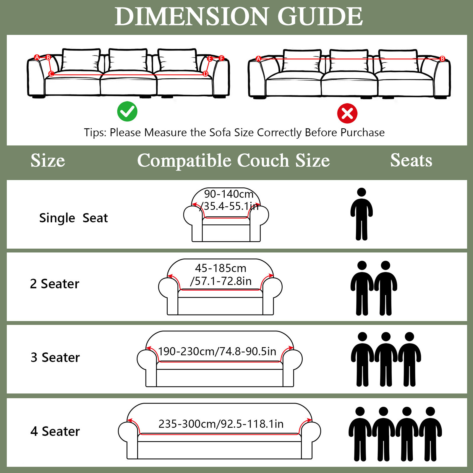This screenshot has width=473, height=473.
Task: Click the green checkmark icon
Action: [x=127, y=111]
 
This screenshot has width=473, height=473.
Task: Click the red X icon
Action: [x=347, y=113]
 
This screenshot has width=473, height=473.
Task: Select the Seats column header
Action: [x=411, y=160]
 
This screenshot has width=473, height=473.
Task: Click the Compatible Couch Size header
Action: [x=233, y=161]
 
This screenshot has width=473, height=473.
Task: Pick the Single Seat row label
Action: [x=73, y=218]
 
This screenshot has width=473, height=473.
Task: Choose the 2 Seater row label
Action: [x=55, y=284]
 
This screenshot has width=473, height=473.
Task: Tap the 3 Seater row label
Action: [x=55, y=357]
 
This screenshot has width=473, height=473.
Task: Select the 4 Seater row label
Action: [x=55, y=431]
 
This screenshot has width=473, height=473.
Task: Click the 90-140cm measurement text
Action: [x=229, y=194]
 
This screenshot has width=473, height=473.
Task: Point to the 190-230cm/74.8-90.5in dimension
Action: [x=217, y=351]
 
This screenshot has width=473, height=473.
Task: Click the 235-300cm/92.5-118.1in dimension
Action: [x=221, y=424]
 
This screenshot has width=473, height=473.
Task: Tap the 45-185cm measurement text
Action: [x=221, y=268]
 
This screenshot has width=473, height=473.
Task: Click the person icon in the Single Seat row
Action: [x=361, y=214]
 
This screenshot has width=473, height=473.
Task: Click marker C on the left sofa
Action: [x=51, y=74]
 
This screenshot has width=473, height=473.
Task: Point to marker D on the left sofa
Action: [x=205, y=74]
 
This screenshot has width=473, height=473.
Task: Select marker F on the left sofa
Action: [x=222, y=58]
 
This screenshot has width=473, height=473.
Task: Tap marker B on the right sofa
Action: [x=442, y=59]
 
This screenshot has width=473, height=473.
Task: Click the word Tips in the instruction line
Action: [x=95, y=132]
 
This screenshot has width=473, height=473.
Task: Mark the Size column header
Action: [x=48, y=161]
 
